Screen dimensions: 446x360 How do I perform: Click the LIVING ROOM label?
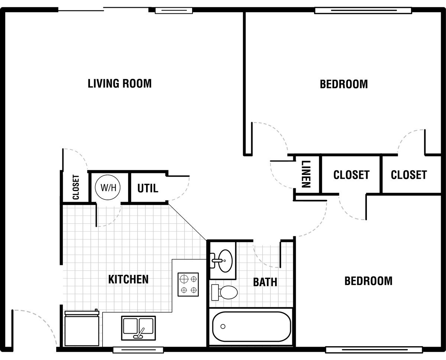(120, 84)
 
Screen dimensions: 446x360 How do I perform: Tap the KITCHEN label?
(128, 279)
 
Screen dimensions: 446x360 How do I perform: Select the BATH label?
(265, 282)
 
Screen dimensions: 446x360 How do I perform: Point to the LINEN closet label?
(306, 174)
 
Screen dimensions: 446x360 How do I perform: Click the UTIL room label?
(148, 188)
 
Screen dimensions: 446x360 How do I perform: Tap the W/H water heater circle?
(108, 187)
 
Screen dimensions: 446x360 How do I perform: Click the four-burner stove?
(188, 285)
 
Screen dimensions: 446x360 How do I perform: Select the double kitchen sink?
(138, 328)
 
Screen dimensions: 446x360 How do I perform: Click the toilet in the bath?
(224, 292)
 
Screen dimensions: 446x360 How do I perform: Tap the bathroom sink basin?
(225, 261)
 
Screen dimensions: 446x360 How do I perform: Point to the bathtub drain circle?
(223, 326)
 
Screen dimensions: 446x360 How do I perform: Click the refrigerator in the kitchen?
(82, 328)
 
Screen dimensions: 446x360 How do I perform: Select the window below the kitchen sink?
(138, 350)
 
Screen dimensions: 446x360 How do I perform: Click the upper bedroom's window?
(363, 10)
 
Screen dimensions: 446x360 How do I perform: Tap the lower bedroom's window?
(374, 350)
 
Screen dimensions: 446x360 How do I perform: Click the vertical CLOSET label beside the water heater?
(76, 187)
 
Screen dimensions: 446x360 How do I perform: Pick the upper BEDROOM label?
(344, 84)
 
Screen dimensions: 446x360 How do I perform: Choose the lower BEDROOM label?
(369, 281)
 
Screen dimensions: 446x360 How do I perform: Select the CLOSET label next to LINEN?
(351, 175)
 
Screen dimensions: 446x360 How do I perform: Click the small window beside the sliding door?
(174, 10)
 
